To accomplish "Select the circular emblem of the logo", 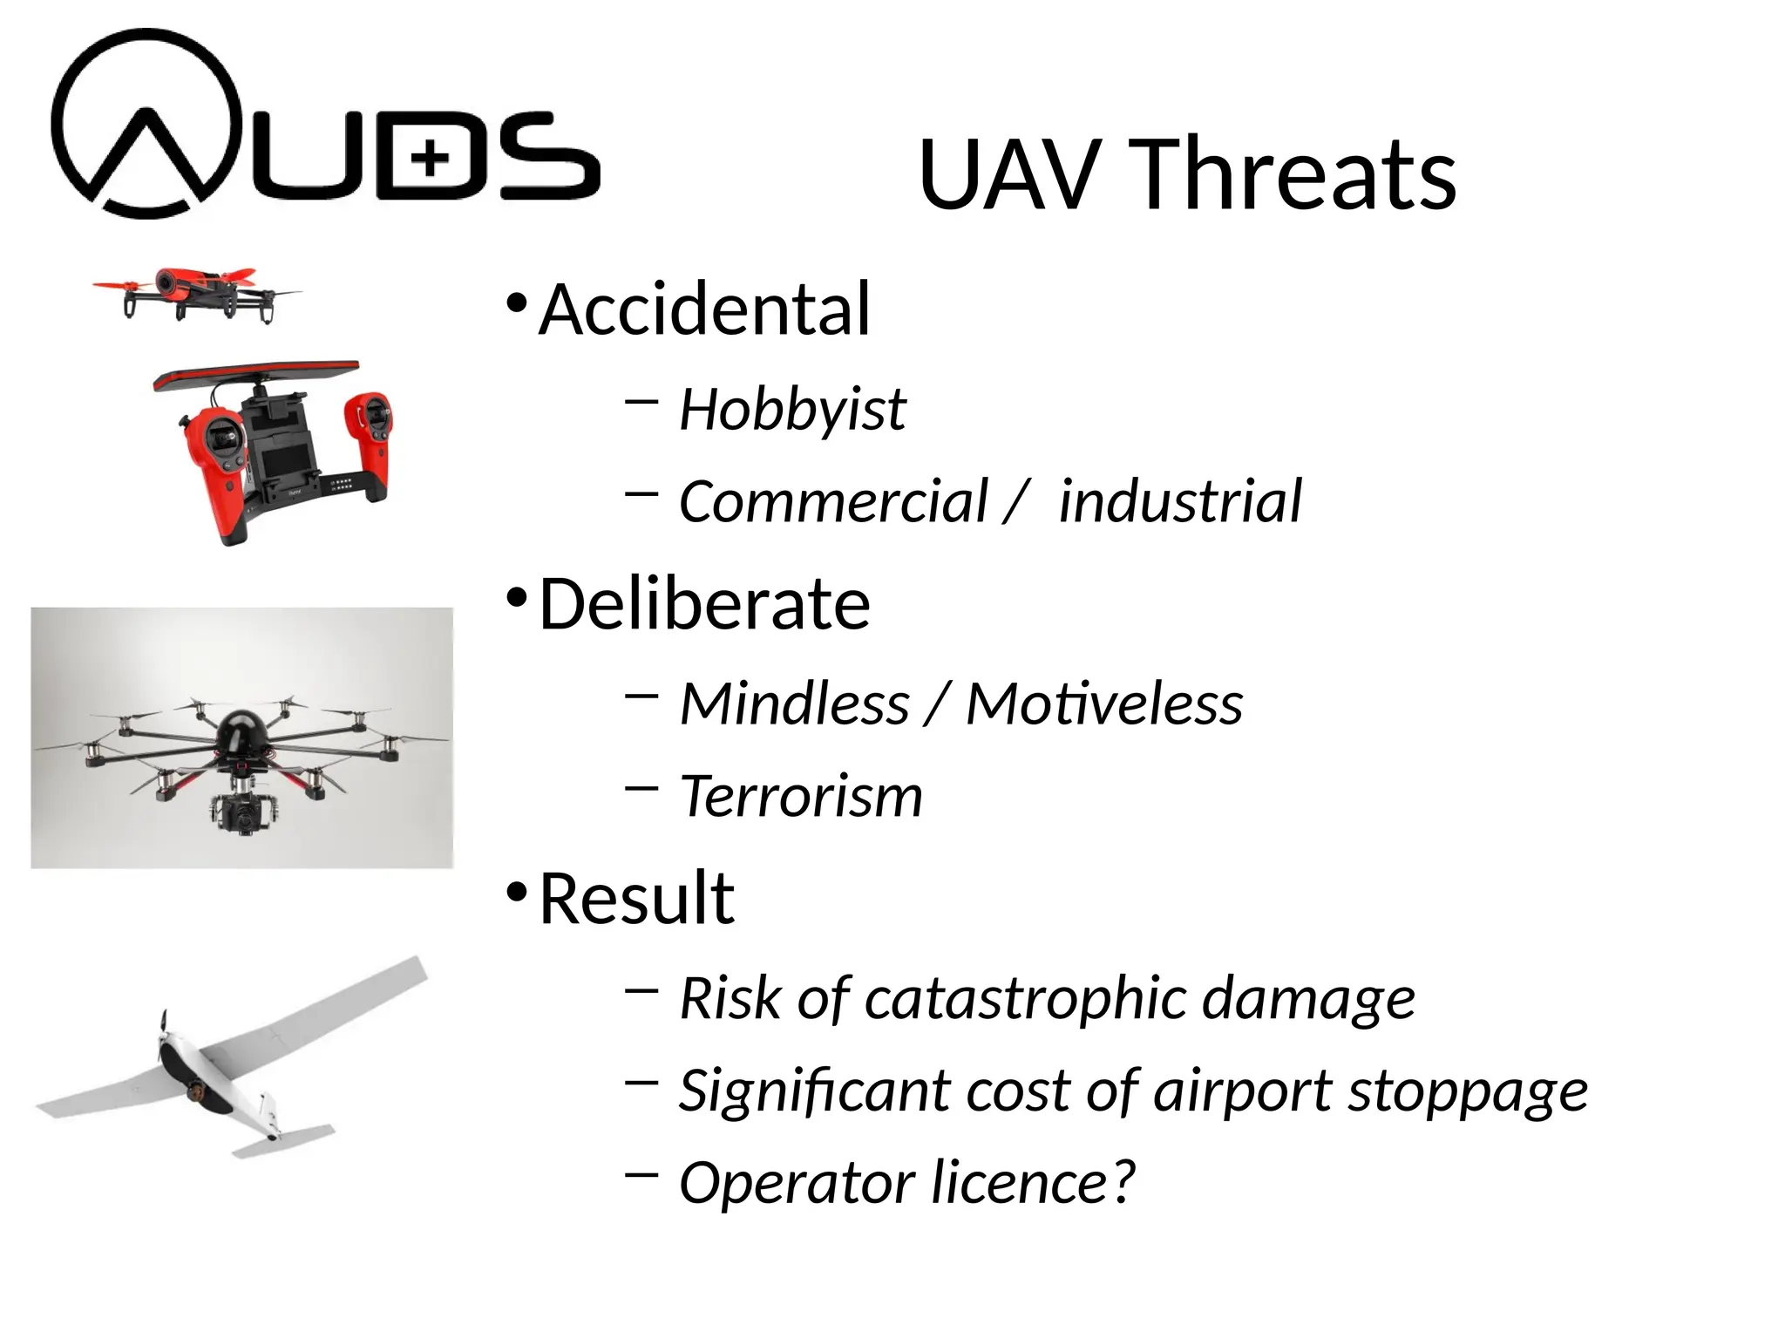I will (146, 123).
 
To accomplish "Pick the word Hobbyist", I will (792, 409).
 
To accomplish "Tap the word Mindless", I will (794, 703).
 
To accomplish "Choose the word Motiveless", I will (1104, 703).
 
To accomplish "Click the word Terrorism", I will (800, 796).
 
